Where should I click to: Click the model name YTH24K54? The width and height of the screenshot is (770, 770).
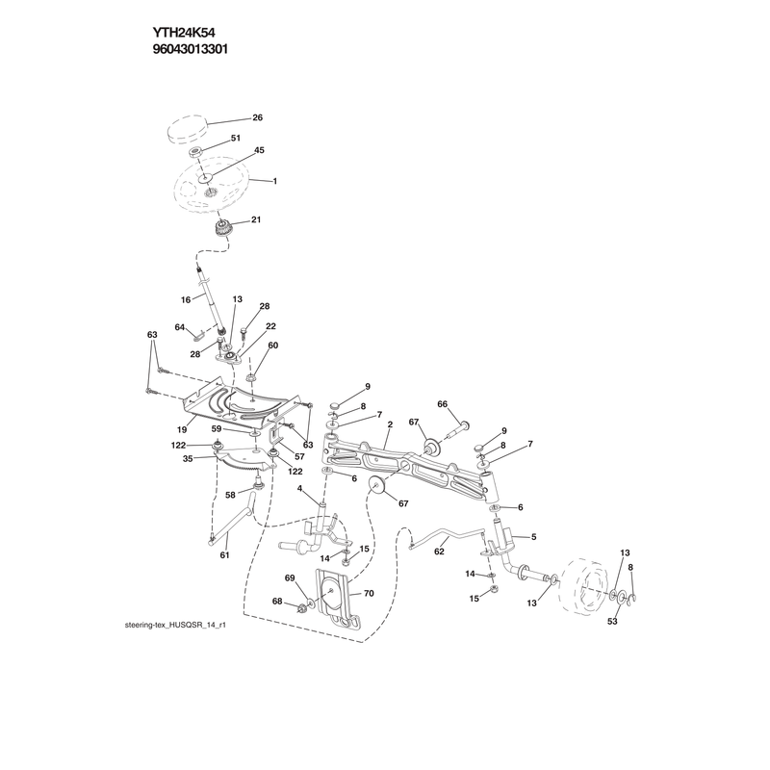[x=183, y=33]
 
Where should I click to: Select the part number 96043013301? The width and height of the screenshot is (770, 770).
[x=190, y=50]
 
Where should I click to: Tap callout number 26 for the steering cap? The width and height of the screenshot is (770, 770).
[x=257, y=117]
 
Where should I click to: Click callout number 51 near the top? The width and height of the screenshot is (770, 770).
[x=236, y=138]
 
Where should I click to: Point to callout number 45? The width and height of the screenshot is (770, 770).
[x=259, y=150]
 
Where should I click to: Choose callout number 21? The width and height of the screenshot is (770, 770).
[x=256, y=219]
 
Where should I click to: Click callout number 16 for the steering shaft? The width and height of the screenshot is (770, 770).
[x=186, y=299]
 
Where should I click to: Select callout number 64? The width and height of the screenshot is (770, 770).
[x=180, y=327]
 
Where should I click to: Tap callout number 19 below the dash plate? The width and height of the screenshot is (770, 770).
[x=182, y=429]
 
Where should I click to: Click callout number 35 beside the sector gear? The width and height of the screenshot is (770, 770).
[x=188, y=459]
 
